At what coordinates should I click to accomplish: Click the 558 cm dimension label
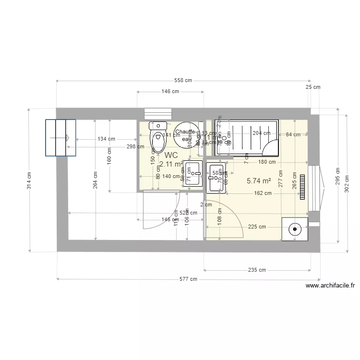point(182,80)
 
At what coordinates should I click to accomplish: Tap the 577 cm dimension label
point(188,279)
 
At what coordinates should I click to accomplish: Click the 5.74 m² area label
point(259,181)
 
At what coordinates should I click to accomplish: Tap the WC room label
point(171,156)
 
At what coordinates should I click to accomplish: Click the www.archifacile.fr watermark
point(330,286)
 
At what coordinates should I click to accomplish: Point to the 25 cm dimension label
point(312,87)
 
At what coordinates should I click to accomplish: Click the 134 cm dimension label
point(106,139)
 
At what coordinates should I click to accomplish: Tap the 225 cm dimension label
point(256,227)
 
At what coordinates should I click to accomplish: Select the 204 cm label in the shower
point(261,133)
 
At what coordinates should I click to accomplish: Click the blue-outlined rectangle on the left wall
point(60,137)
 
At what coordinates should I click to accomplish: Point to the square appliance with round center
point(294,229)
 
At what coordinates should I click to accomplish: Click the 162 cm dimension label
point(263,193)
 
